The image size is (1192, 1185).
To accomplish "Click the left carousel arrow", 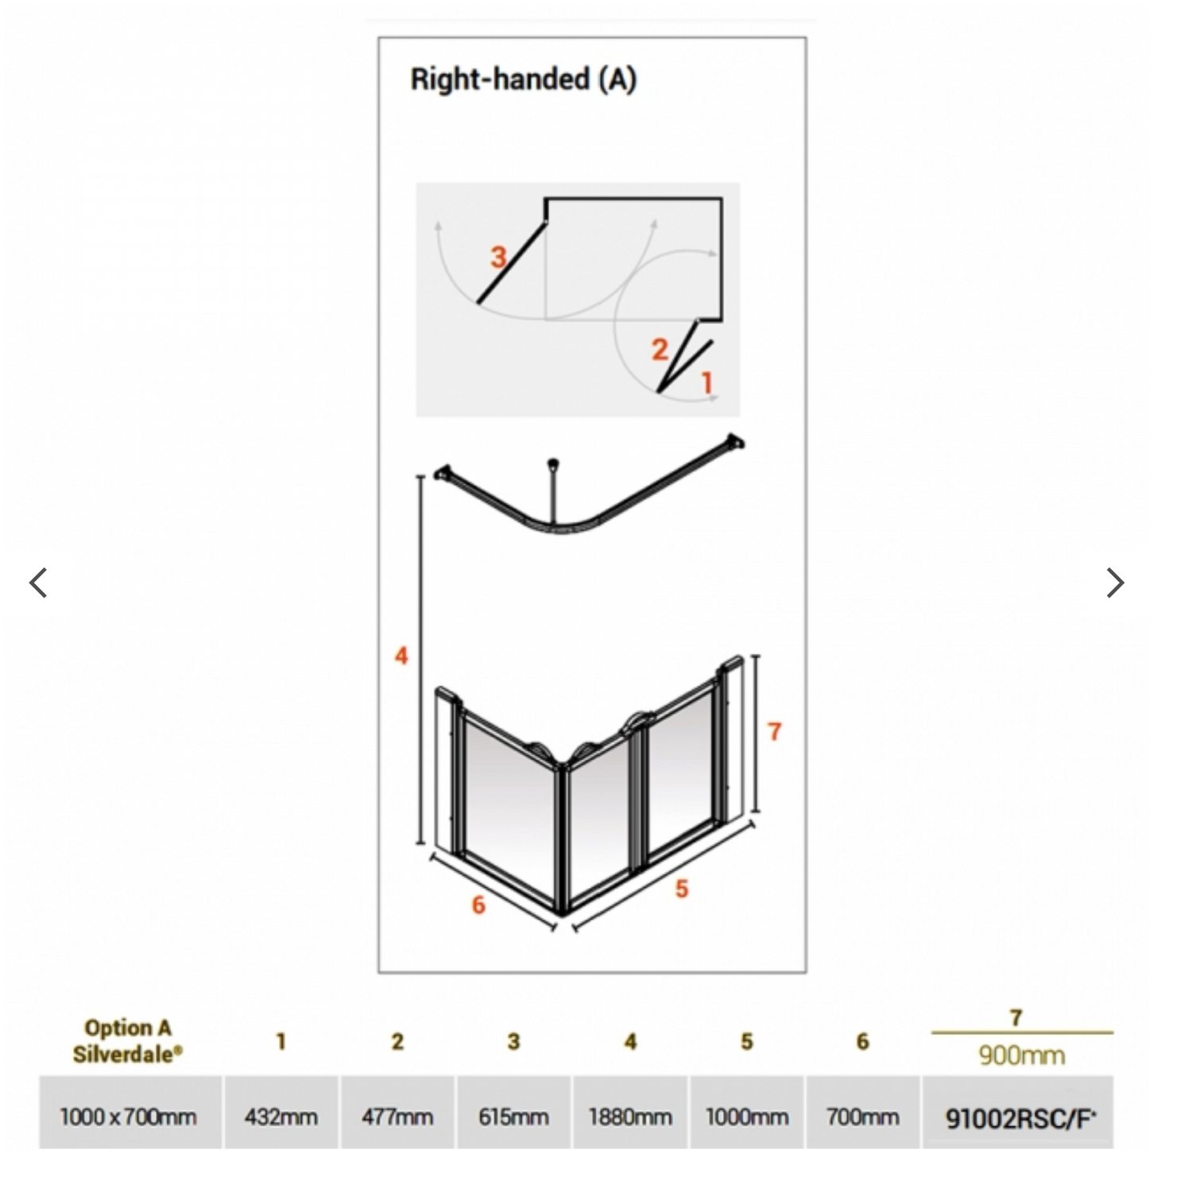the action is click(38, 583).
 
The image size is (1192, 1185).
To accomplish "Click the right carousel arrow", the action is click(1116, 583).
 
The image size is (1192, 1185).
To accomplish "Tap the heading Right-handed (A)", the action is click(523, 79).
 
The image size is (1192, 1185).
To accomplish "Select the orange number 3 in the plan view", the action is click(498, 257).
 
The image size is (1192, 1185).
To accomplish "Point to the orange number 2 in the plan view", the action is click(660, 350).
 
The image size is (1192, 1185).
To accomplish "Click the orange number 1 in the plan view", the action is click(706, 383).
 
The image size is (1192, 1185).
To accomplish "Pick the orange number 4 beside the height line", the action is click(401, 656).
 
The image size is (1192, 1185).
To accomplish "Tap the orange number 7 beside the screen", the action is click(775, 731).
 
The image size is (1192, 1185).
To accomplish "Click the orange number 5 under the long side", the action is click(682, 889).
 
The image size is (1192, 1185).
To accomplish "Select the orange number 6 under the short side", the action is click(478, 904).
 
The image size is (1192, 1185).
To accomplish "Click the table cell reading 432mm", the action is click(281, 1117).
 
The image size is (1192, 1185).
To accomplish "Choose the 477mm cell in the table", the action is click(397, 1117).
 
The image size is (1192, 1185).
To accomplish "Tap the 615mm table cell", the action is click(513, 1117).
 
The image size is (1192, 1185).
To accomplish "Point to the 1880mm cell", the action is click(630, 1117).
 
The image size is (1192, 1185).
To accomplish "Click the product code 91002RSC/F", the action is click(1020, 1118).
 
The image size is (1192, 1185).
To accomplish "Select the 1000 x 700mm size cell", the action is click(129, 1117).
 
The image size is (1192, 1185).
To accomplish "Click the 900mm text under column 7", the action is click(1021, 1055).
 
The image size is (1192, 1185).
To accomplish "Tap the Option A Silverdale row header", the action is click(127, 1040).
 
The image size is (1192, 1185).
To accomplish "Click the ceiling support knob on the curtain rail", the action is click(553, 463).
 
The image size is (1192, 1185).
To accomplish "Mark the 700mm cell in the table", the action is click(863, 1117).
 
